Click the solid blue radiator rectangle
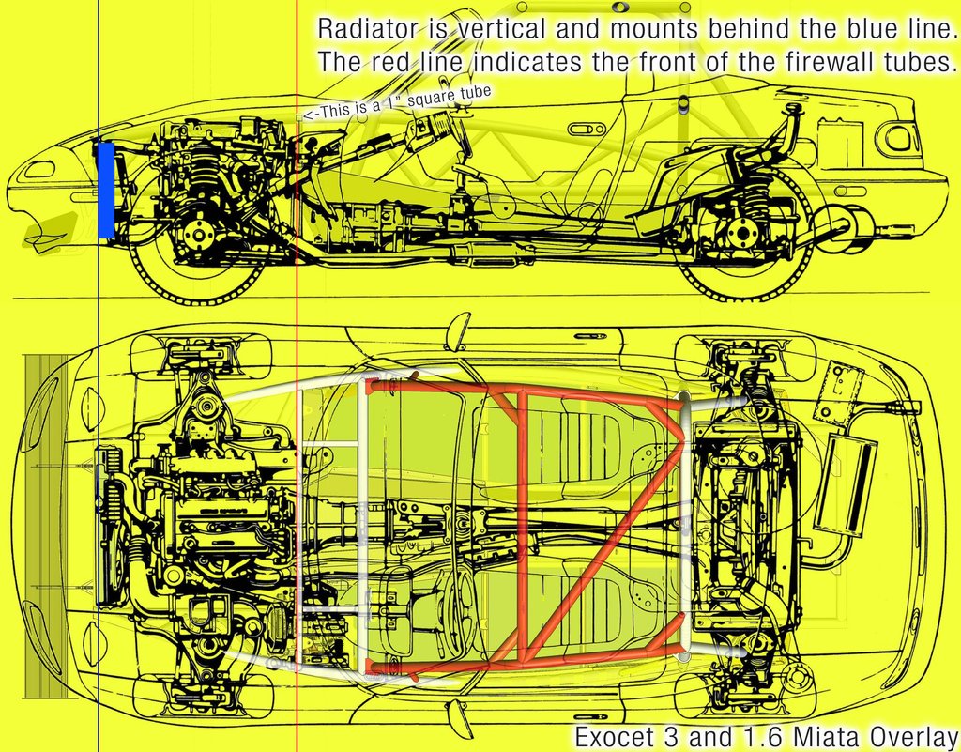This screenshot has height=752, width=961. coord(106,190)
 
